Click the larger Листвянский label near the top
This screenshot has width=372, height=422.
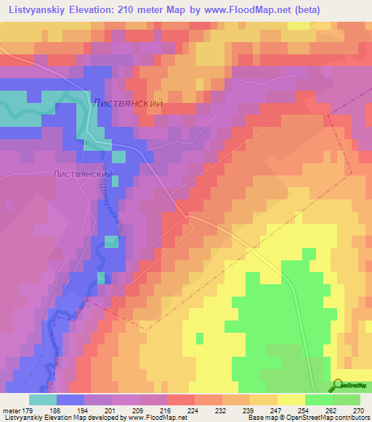126,104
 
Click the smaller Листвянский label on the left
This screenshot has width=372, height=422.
82,175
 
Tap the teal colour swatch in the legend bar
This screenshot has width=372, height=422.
43,400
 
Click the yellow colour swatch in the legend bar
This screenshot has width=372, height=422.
291,400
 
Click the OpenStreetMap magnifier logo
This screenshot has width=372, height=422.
336,386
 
